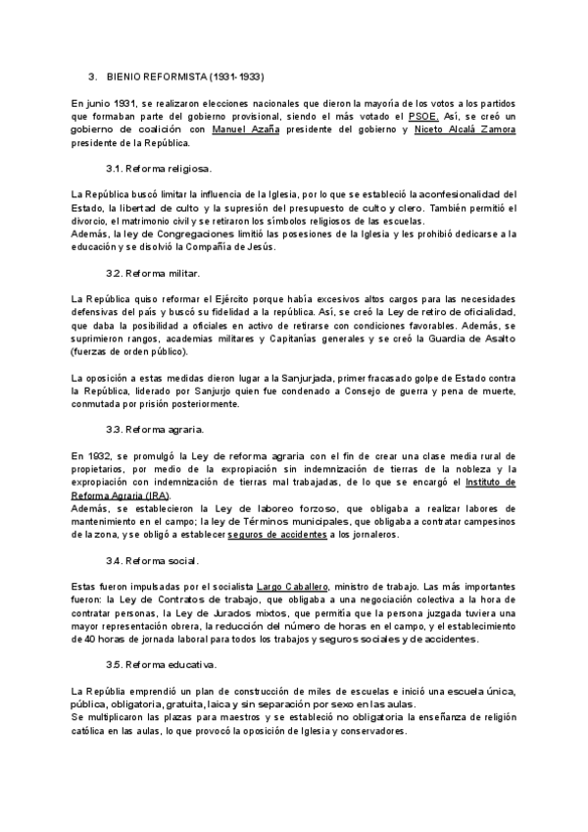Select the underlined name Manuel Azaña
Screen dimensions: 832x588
[246, 130]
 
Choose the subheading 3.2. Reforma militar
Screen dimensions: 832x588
[153, 272]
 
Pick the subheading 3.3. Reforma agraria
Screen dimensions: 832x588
[155, 429]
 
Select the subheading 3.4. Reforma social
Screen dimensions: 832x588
[152, 560]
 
